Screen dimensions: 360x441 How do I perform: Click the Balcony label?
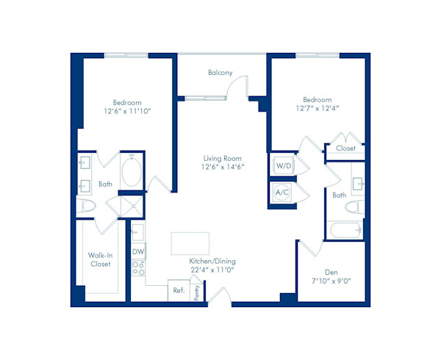pyautogui.click(x=220, y=73)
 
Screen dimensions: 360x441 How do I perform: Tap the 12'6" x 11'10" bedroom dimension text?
pyautogui.click(x=127, y=112)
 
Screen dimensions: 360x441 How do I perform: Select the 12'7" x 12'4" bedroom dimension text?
pyautogui.click(x=317, y=109)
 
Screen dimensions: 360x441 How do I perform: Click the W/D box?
pyautogui.click(x=284, y=167)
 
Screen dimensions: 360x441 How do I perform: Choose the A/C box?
pyautogui.click(x=282, y=192)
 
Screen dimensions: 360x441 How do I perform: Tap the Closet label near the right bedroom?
pyautogui.click(x=345, y=148)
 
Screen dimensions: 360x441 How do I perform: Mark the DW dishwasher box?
pyautogui.click(x=137, y=251)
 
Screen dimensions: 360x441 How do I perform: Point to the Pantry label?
pyautogui.click(x=197, y=293)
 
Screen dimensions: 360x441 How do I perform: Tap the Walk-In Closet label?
pyautogui.click(x=100, y=259)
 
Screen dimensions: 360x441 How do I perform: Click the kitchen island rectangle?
pyautogui.click(x=190, y=242)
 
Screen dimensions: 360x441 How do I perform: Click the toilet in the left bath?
pyautogui.click(x=88, y=206)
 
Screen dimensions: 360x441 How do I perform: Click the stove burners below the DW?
pyautogui.click(x=137, y=269)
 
